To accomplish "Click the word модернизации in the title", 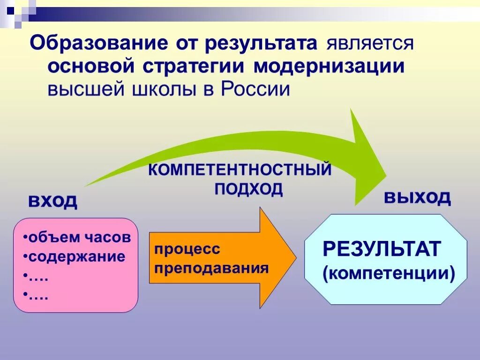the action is (329, 66).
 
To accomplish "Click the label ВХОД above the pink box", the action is (52, 201).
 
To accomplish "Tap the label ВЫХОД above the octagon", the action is (417, 197).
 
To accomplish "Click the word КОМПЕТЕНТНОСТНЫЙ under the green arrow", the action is (240, 170).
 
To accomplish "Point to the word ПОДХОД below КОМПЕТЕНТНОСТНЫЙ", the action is (248, 189).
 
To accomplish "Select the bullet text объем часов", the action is (78, 237).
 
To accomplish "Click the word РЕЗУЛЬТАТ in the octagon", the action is (381, 249).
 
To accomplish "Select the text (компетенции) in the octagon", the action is (389, 273).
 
